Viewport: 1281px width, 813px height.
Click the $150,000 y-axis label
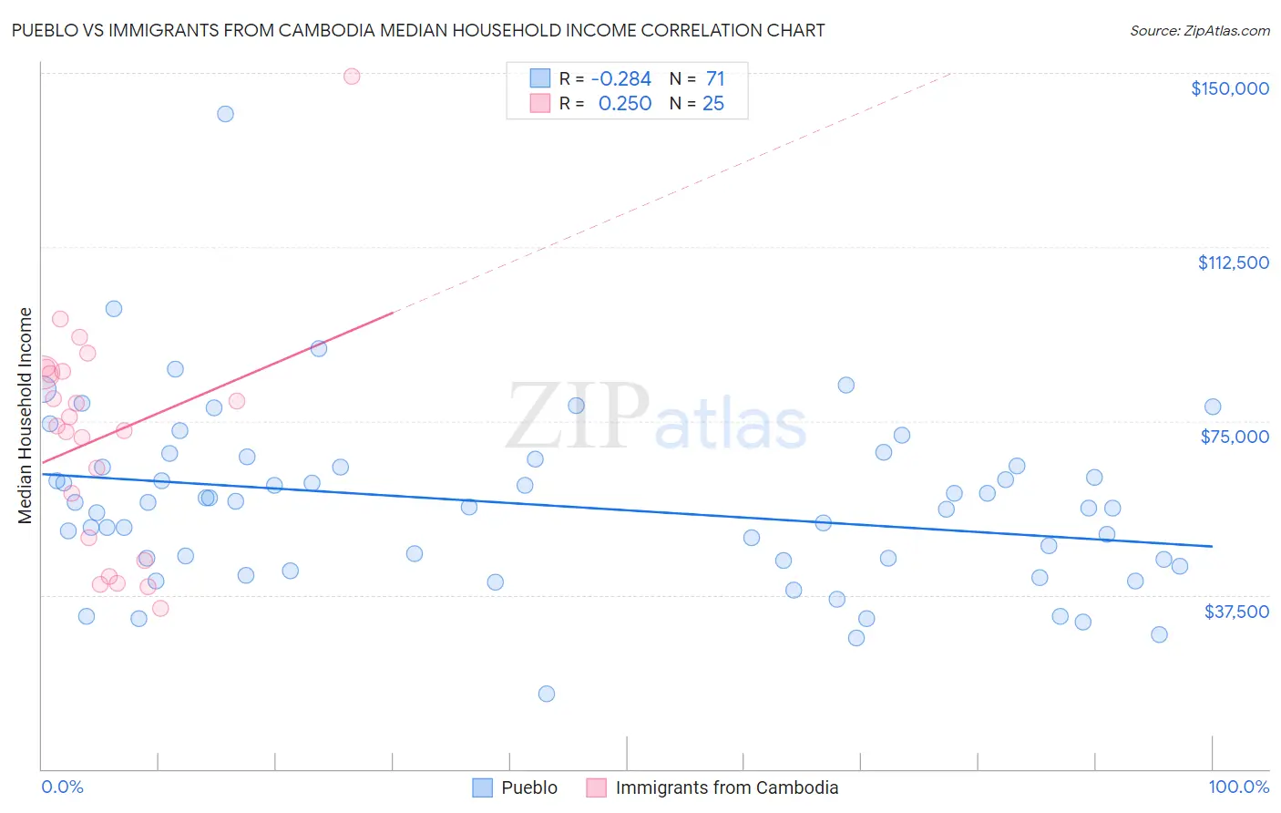tap(1229, 88)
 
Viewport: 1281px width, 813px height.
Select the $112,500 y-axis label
tap(1233, 262)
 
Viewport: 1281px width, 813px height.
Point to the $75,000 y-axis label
tap(1235, 437)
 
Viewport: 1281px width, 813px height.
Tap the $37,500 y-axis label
tap(1236, 612)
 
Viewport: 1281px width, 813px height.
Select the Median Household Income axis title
tap(25, 416)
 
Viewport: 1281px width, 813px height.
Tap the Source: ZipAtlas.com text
tap(1199, 31)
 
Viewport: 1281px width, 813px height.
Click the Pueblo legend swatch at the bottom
tap(482, 787)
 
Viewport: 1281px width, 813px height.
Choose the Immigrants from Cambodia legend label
tap(726, 787)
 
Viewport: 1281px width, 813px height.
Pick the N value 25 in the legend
tap(712, 104)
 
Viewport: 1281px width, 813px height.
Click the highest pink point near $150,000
tap(352, 77)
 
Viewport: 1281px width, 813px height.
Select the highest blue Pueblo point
tap(225, 114)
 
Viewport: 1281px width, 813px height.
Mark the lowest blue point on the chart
tap(547, 694)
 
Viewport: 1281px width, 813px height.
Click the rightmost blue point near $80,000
tap(1213, 407)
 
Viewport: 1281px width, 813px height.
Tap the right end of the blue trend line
tap(1212, 546)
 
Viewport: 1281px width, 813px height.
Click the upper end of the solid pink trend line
tap(393, 313)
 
